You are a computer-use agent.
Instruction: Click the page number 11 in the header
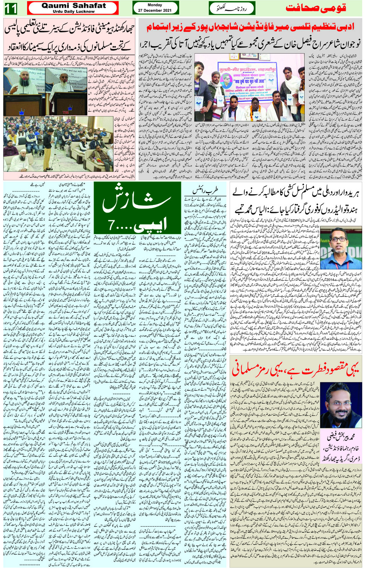11,8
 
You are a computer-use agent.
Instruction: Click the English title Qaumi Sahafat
73,5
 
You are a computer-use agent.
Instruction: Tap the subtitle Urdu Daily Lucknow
73,12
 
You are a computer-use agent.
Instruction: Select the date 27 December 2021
155,10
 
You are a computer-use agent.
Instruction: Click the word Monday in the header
155,5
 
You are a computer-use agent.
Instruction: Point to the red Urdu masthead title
316,9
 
